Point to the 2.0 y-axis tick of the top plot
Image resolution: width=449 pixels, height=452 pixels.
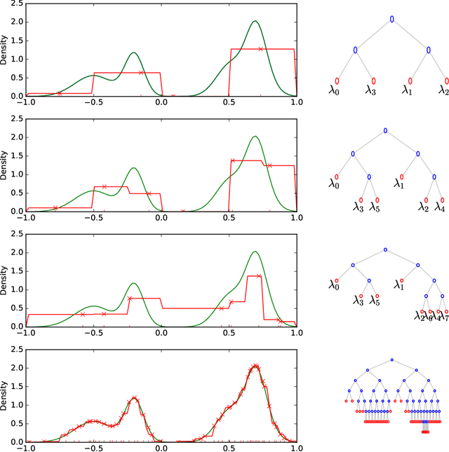[15, 22]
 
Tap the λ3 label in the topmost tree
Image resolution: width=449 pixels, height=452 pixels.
[372, 90]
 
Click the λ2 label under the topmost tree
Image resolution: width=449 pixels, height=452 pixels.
[443, 90]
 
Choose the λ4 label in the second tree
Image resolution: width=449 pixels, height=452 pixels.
[441, 207]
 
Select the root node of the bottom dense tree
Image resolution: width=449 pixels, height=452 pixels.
[391, 360]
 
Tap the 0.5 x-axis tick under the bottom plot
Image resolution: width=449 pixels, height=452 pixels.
[229, 447]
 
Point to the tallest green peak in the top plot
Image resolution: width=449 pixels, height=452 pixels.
[255, 21]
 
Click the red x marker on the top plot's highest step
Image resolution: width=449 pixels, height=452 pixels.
[260, 49]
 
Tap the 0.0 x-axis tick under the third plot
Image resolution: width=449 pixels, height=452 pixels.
[161, 332]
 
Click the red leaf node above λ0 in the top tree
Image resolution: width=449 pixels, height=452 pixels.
[337, 81]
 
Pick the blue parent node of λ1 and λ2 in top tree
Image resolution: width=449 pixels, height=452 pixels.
[427, 50]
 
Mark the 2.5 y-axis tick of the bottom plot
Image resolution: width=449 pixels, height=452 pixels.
[15, 349]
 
